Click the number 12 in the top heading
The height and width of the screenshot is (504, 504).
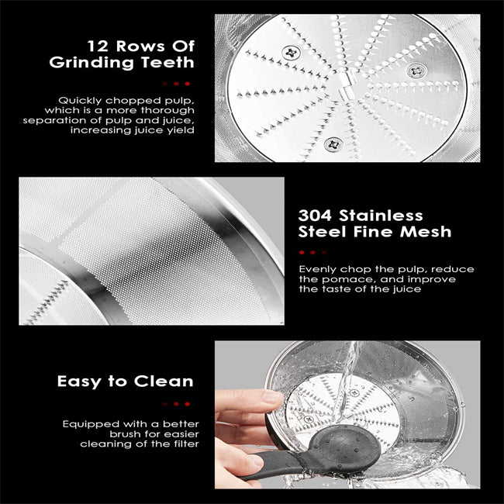[98, 46]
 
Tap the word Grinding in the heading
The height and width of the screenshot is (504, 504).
[91, 63]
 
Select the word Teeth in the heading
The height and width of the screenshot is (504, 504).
[167, 62]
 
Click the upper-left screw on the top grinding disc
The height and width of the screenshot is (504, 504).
[292, 53]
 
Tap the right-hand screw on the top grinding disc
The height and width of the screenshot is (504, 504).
[417, 70]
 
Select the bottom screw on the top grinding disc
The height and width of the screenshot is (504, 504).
[333, 143]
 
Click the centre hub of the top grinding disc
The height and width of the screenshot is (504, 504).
[347, 85]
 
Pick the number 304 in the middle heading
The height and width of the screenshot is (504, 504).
[315, 216]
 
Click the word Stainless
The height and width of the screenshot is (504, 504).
[381, 216]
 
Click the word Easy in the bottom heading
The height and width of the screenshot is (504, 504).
[79, 381]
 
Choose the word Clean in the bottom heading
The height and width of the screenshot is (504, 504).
[164, 381]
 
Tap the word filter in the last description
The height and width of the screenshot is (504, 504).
[187, 444]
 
